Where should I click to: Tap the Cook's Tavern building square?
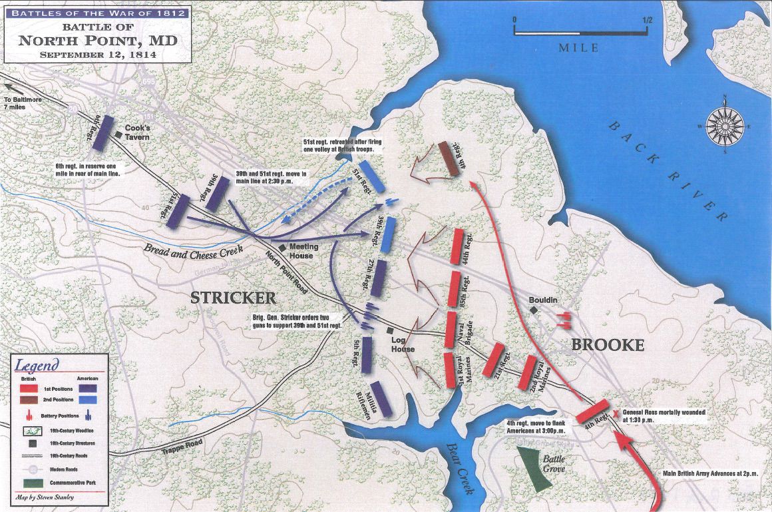pyautogui.click(x=118, y=135)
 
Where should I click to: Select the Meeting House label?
pyautogui.click(x=303, y=251)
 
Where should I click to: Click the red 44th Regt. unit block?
pyautogui.click(x=458, y=248)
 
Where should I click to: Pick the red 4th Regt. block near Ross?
pyautogui.click(x=592, y=411)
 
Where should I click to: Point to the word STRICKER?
pyautogui.click(x=233, y=297)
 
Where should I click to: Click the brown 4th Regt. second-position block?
pyautogui.click(x=449, y=158)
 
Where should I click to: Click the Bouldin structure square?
pyautogui.click(x=533, y=310)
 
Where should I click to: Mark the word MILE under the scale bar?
pyautogui.click(x=578, y=47)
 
